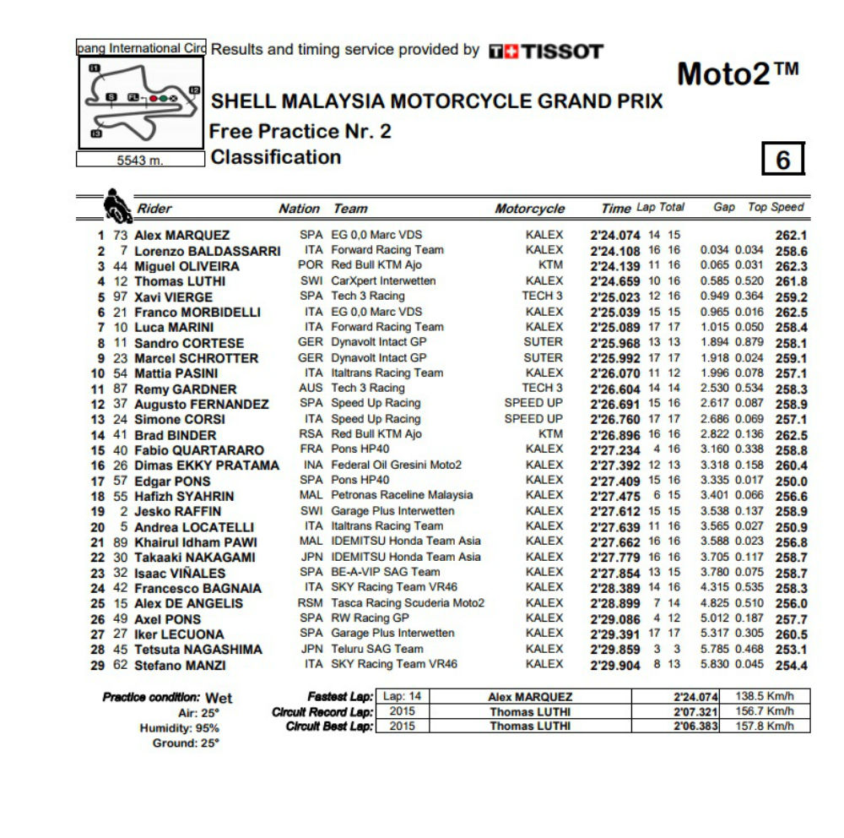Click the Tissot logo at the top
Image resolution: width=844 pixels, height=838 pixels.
(x=546, y=52)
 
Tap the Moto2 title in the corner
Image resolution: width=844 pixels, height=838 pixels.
(x=737, y=74)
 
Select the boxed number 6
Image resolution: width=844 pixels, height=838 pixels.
(x=782, y=159)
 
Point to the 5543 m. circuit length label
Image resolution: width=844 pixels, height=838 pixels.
(x=140, y=160)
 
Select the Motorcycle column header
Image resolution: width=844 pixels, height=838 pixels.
(x=529, y=209)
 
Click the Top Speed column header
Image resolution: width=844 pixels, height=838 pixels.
(x=776, y=207)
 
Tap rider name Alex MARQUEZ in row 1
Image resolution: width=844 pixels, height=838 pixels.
(x=181, y=235)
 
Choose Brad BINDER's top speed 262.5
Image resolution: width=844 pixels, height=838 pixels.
(x=791, y=435)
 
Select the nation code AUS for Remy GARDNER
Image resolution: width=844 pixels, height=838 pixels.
(x=311, y=388)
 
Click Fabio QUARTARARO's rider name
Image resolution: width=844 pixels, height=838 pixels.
(x=199, y=450)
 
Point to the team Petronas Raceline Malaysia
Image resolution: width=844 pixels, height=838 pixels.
(x=402, y=495)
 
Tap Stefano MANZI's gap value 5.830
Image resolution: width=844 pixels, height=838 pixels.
(x=715, y=665)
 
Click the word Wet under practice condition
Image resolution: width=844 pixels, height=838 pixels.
(x=219, y=699)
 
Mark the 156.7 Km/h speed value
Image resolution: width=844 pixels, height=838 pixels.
(x=764, y=711)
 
